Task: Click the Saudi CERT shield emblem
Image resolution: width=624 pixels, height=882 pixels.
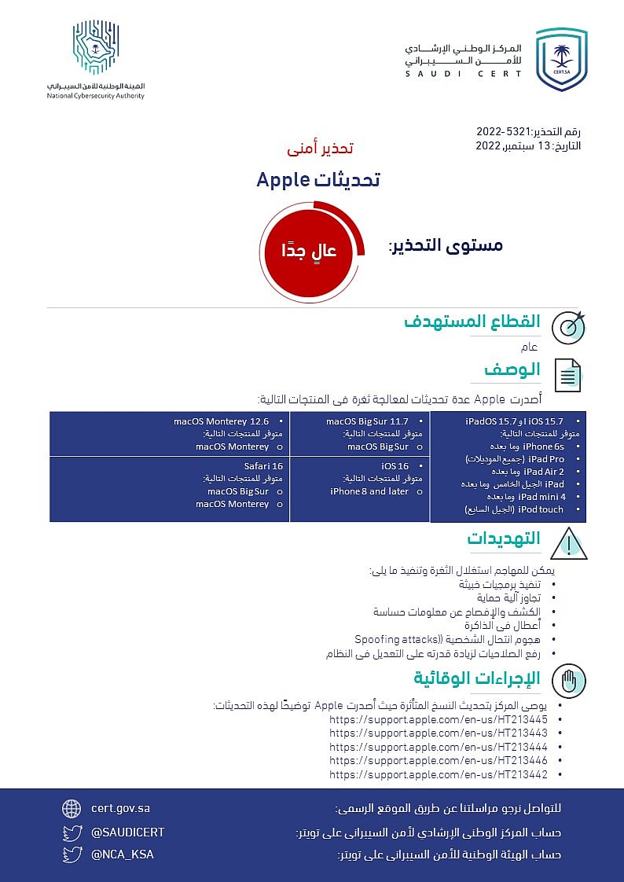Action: click(561, 59)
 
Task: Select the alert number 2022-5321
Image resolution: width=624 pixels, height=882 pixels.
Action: click(502, 131)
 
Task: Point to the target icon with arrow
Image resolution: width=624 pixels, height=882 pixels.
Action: click(568, 328)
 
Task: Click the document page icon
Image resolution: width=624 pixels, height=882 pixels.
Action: click(568, 375)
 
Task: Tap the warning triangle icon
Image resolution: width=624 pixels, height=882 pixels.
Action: click(568, 543)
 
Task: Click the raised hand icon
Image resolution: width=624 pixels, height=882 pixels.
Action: click(568, 682)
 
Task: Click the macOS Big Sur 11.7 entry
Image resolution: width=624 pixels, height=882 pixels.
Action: click(367, 422)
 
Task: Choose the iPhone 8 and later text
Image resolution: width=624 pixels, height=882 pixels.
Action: click(369, 491)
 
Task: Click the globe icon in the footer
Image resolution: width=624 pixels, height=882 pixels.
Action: click(72, 808)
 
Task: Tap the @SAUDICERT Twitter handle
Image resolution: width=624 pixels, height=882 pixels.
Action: click(127, 832)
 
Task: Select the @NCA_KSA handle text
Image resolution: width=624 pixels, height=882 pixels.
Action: click(122, 854)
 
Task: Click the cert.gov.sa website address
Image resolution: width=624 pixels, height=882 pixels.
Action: click(120, 808)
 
